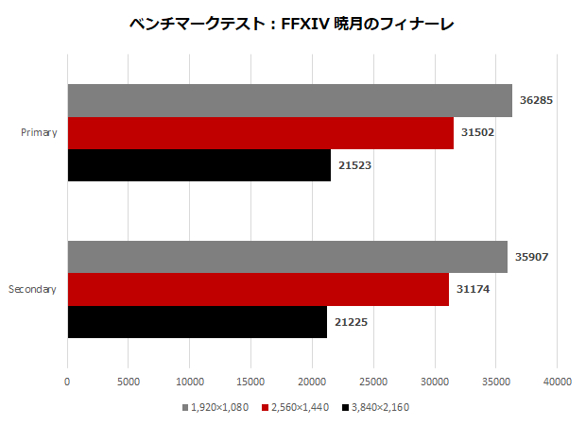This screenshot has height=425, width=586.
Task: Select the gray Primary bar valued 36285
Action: [289, 101]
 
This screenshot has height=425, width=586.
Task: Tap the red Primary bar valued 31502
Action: [260, 133]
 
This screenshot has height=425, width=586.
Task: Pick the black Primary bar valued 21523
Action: [198, 164]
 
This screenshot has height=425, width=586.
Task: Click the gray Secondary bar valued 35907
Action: [287, 257]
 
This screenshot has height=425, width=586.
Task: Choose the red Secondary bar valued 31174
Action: [258, 289]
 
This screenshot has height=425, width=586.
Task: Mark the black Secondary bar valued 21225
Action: [197, 321]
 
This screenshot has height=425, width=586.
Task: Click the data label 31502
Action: [477, 132]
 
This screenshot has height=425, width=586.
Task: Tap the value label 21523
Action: [354, 165]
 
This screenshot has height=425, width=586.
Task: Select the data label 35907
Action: [532, 257]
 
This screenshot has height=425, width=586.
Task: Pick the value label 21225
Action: [351, 322]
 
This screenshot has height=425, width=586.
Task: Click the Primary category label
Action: [39, 132]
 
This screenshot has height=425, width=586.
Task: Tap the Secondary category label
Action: [33, 289]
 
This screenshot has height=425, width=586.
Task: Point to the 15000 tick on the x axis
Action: [250, 382]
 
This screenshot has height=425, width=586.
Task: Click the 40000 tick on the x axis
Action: [557, 382]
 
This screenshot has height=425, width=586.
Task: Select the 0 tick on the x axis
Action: [67, 382]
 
